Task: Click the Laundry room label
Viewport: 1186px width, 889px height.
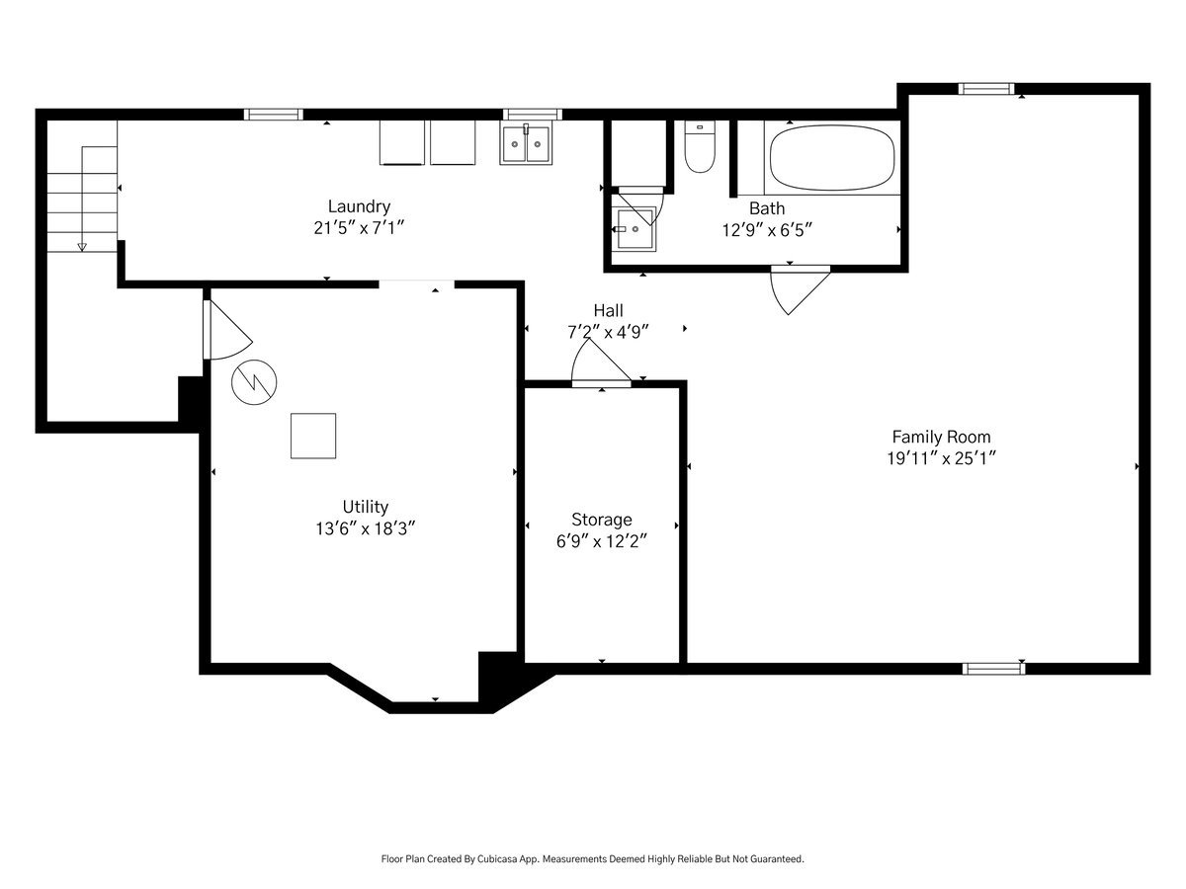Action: (359, 206)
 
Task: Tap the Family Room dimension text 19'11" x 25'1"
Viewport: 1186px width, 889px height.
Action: (941, 458)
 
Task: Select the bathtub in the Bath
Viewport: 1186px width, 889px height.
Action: (831, 158)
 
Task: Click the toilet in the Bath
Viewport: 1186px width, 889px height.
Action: (699, 146)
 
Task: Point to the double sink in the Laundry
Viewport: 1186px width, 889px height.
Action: (526, 143)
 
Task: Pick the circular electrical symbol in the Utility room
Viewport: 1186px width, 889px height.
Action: (254, 382)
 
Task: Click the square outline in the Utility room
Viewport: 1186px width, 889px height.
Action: (313, 436)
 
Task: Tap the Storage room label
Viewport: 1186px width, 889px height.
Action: (601, 520)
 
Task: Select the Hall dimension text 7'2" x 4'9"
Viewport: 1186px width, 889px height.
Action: (607, 332)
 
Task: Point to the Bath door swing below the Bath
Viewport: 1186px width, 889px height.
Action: (800, 289)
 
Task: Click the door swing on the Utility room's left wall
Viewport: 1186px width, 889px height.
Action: (229, 329)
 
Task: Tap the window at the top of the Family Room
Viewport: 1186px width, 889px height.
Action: (986, 89)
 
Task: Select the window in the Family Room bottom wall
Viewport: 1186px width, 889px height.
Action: (993, 669)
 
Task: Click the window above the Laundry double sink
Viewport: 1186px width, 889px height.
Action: (532, 115)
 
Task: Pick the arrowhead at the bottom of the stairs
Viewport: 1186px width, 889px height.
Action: (82, 247)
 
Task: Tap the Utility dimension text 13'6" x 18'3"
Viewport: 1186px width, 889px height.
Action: (366, 528)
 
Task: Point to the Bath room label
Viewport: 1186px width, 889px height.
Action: (767, 208)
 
